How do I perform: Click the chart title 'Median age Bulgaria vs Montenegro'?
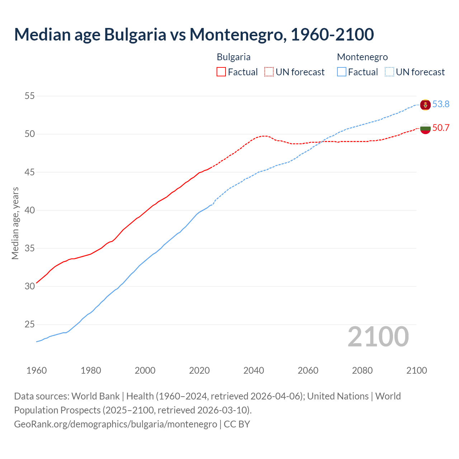tap(194, 34)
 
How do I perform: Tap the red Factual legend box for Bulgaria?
tap(221, 72)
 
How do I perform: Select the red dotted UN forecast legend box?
tap(269, 72)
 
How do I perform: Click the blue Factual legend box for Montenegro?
tap(342, 72)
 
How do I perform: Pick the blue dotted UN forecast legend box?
tap(389, 72)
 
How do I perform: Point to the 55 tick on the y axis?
tap(30, 96)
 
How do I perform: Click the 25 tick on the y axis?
tap(30, 325)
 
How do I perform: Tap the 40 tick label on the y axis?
tap(30, 210)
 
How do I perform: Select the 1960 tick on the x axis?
tap(37, 370)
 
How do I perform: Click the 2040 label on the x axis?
tap(254, 370)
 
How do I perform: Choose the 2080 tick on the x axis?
tap(362, 370)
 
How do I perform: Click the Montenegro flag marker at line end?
tap(425, 105)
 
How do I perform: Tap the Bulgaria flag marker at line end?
tap(425, 128)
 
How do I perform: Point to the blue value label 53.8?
tap(441, 104)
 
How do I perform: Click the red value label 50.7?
tap(441, 128)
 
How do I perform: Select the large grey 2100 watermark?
tap(378, 337)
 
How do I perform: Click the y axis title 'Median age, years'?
tap(15, 223)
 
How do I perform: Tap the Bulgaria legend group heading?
tap(233, 57)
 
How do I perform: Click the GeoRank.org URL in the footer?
tap(115, 424)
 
